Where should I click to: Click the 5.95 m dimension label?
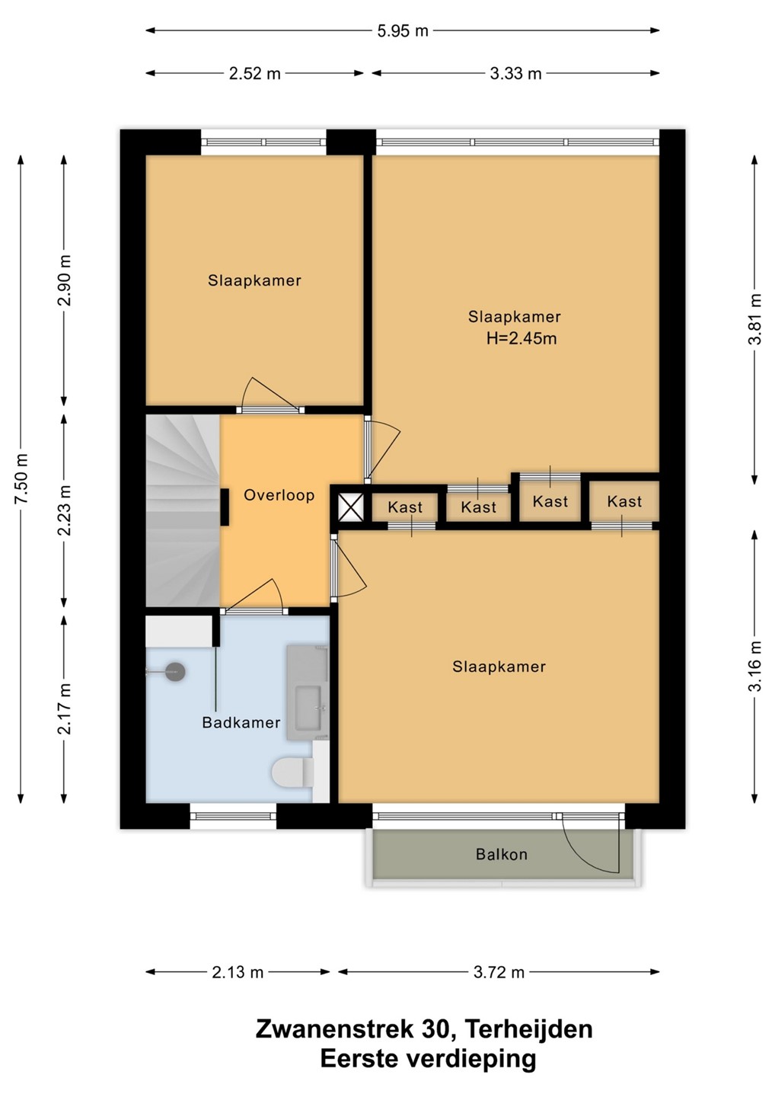click(x=403, y=30)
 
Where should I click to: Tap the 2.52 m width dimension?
click(x=255, y=73)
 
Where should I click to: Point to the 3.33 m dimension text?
click(x=515, y=73)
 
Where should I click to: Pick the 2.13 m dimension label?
click(x=238, y=972)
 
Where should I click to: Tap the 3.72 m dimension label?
click(x=499, y=972)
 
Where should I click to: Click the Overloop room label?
click(x=279, y=495)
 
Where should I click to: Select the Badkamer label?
click(x=241, y=722)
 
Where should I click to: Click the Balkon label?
click(x=502, y=855)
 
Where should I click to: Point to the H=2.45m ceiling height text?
click(x=521, y=338)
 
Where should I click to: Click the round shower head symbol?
click(x=174, y=672)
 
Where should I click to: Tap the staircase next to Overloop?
click(x=183, y=510)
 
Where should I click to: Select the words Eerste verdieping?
click(x=428, y=1059)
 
